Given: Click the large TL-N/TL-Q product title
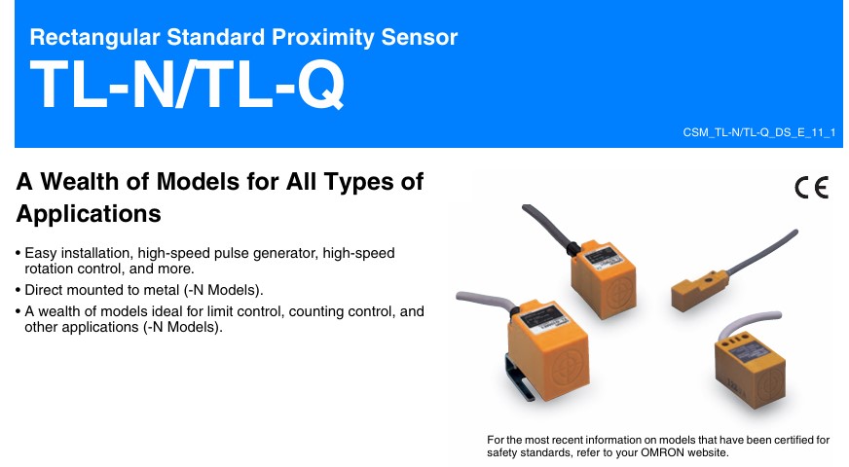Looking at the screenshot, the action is (x=187, y=84).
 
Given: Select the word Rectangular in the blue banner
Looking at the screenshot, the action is (x=94, y=37).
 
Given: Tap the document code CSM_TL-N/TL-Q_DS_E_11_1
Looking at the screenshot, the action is (x=759, y=132).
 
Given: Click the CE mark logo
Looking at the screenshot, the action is (x=812, y=188).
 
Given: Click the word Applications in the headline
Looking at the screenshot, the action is (x=89, y=214).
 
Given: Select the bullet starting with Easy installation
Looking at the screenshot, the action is (x=205, y=261).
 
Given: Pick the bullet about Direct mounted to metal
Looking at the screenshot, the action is (x=139, y=290).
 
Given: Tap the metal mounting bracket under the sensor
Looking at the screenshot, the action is (x=519, y=377).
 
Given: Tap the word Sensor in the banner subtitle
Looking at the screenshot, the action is (x=420, y=37).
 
